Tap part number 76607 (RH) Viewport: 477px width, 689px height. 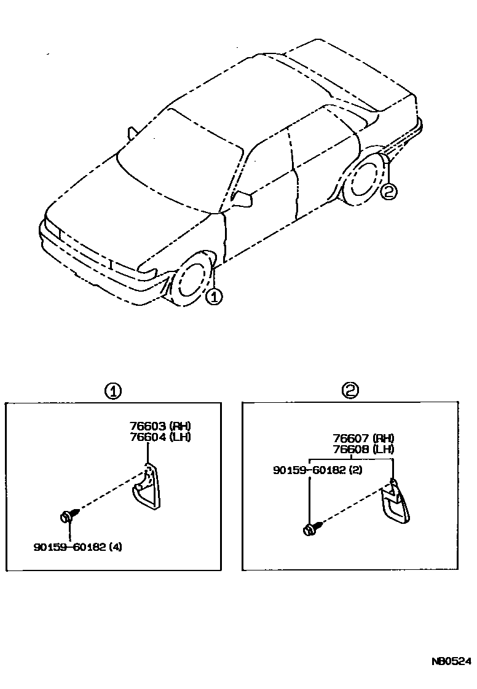[363, 438]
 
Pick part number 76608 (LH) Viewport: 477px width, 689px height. [363, 449]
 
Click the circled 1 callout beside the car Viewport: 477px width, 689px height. [213, 297]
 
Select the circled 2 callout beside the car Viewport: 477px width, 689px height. [388, 192]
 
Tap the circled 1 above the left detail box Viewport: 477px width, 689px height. [112, 391]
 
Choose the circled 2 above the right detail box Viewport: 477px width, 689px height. [350, 390]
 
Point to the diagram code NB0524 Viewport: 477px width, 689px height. [451, 661]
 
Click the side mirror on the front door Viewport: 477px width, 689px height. [243, 199]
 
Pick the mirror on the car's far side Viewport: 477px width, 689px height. [132, 133]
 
